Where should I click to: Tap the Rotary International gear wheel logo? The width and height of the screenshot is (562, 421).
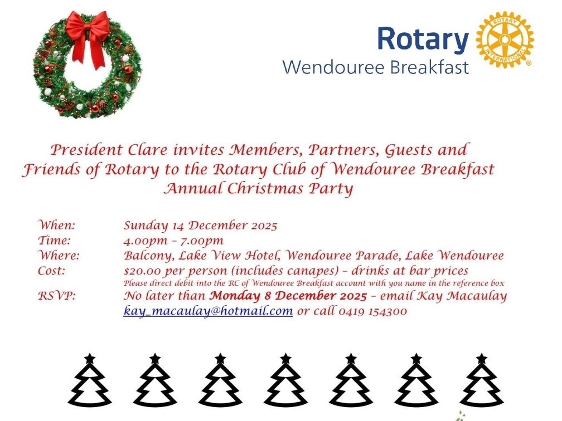point(505,40)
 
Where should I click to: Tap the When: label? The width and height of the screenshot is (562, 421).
point(56,226)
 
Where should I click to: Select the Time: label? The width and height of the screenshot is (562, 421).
point(54,241)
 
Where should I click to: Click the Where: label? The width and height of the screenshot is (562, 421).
point(59,256)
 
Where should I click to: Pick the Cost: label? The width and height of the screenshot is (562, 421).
point(51,271)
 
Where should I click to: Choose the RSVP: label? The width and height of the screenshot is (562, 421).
point(56,296)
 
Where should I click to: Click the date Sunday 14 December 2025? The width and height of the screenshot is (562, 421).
point(200,226)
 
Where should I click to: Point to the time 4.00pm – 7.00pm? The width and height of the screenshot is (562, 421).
point(173,241)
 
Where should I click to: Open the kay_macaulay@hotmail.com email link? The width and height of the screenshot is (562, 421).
point(208,311)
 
